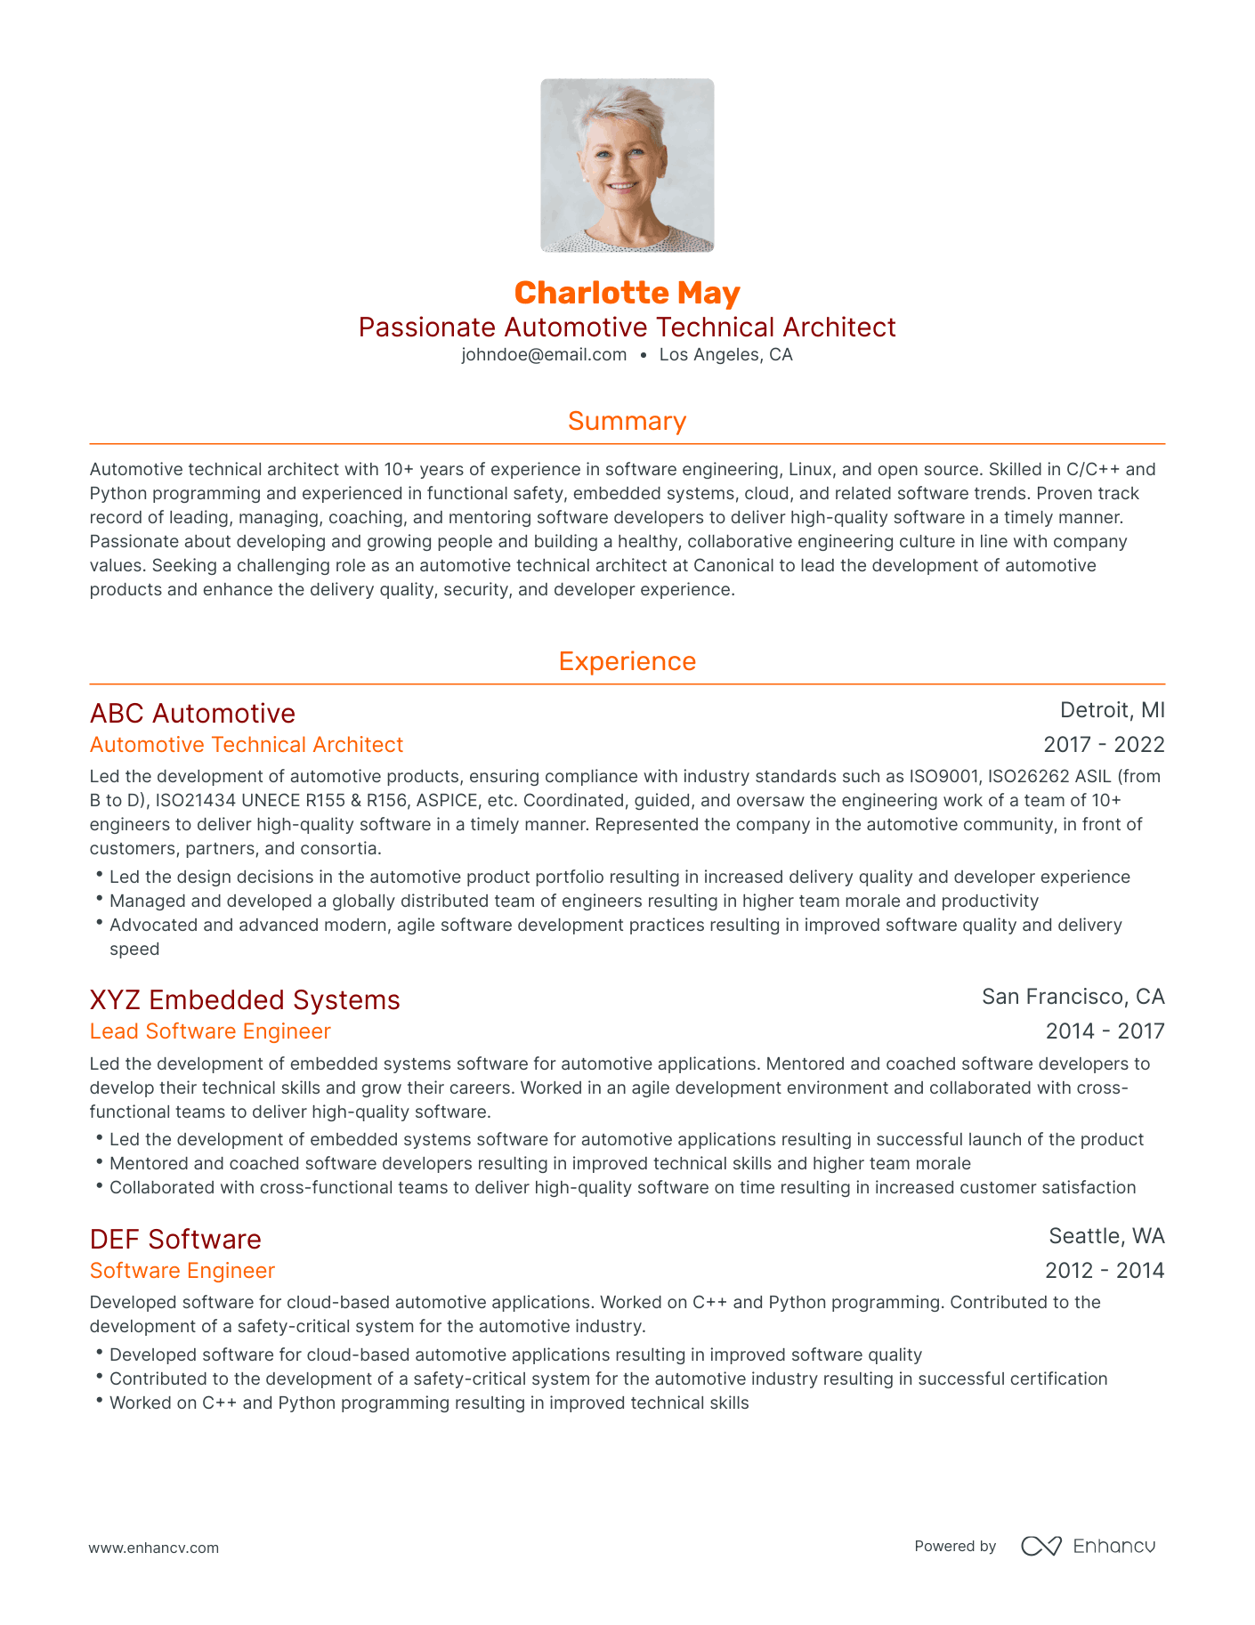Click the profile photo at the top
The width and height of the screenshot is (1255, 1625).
[627, 166]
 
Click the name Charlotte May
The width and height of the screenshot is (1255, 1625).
[627, 293]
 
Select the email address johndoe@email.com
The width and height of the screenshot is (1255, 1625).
[544, 355]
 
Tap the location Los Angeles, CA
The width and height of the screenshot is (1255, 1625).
[725, 355]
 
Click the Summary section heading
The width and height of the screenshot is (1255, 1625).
[627, 421]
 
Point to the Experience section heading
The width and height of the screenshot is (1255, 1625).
[627, 661]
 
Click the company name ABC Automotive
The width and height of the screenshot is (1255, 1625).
[192, 714]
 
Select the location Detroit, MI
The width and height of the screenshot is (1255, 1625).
[1112, 710]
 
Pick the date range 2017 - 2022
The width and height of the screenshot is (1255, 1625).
[1104, 745]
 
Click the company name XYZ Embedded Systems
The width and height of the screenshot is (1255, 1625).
[245, 1000]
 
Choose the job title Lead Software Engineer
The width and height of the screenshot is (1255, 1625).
[210, 1031]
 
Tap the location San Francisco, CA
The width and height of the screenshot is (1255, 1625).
[1073, 997]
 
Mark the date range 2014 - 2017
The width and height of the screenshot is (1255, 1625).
[1105, 1031]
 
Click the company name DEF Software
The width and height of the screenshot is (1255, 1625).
[175, 1240]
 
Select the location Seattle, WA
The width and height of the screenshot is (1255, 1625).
[1106, 1236]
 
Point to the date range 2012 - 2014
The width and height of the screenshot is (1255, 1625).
[1105, 1271]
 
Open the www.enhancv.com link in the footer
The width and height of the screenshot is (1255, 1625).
[153, 1548]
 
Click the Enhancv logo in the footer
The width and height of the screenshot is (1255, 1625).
[1088, 1546]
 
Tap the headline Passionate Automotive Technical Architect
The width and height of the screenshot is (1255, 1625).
[627, 327]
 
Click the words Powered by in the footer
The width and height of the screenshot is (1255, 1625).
[955, 1547]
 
